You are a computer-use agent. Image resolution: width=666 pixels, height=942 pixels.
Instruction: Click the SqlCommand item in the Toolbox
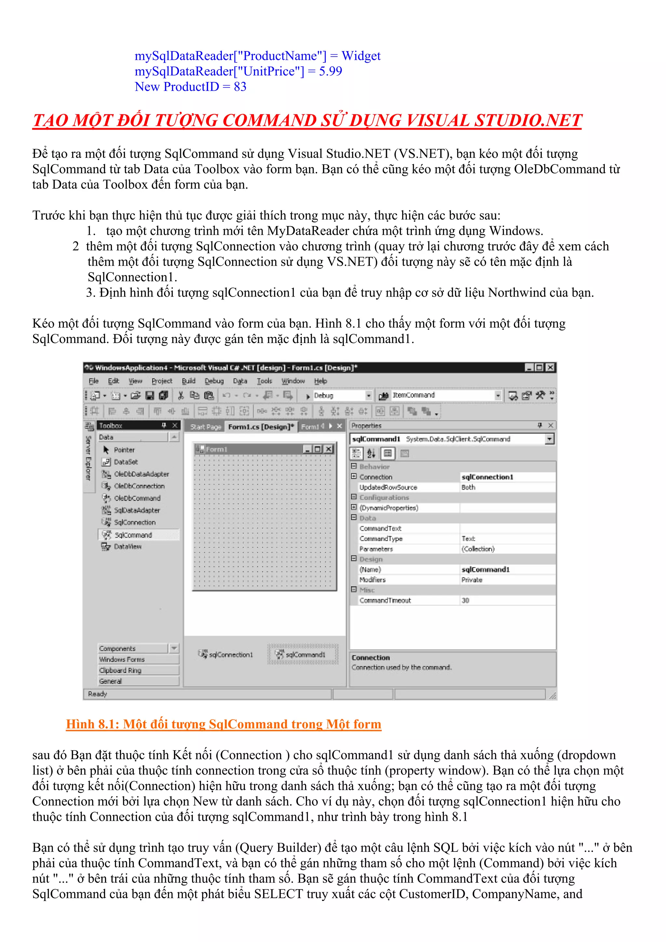coord(133,535)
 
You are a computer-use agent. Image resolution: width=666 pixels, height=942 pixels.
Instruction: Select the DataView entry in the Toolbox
coord(127,547)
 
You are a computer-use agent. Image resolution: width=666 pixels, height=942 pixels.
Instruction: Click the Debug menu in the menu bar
coord(214,381)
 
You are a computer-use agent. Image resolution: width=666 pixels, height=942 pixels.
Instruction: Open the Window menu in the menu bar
coord(293,381)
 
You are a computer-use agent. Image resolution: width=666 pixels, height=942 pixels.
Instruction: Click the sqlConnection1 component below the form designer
coord(230,655)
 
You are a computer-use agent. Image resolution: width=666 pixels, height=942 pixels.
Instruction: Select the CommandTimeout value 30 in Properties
coord(465,600)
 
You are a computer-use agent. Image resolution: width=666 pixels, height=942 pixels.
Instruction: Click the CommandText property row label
coord(380,528)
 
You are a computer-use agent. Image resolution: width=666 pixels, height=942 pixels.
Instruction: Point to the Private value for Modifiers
coord(472,580)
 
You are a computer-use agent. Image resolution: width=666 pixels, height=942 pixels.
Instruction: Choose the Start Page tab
coord(205,427)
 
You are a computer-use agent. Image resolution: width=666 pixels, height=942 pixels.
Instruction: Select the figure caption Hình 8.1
coord(223,724)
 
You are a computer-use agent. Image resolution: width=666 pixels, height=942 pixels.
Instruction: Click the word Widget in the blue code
coord(361,56)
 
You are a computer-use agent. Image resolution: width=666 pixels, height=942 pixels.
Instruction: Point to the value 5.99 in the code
coord(330,72)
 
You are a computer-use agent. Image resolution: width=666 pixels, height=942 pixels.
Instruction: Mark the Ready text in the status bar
coord(97,694)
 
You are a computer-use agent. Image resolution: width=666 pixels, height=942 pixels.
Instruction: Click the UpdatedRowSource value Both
coord(468,487)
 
